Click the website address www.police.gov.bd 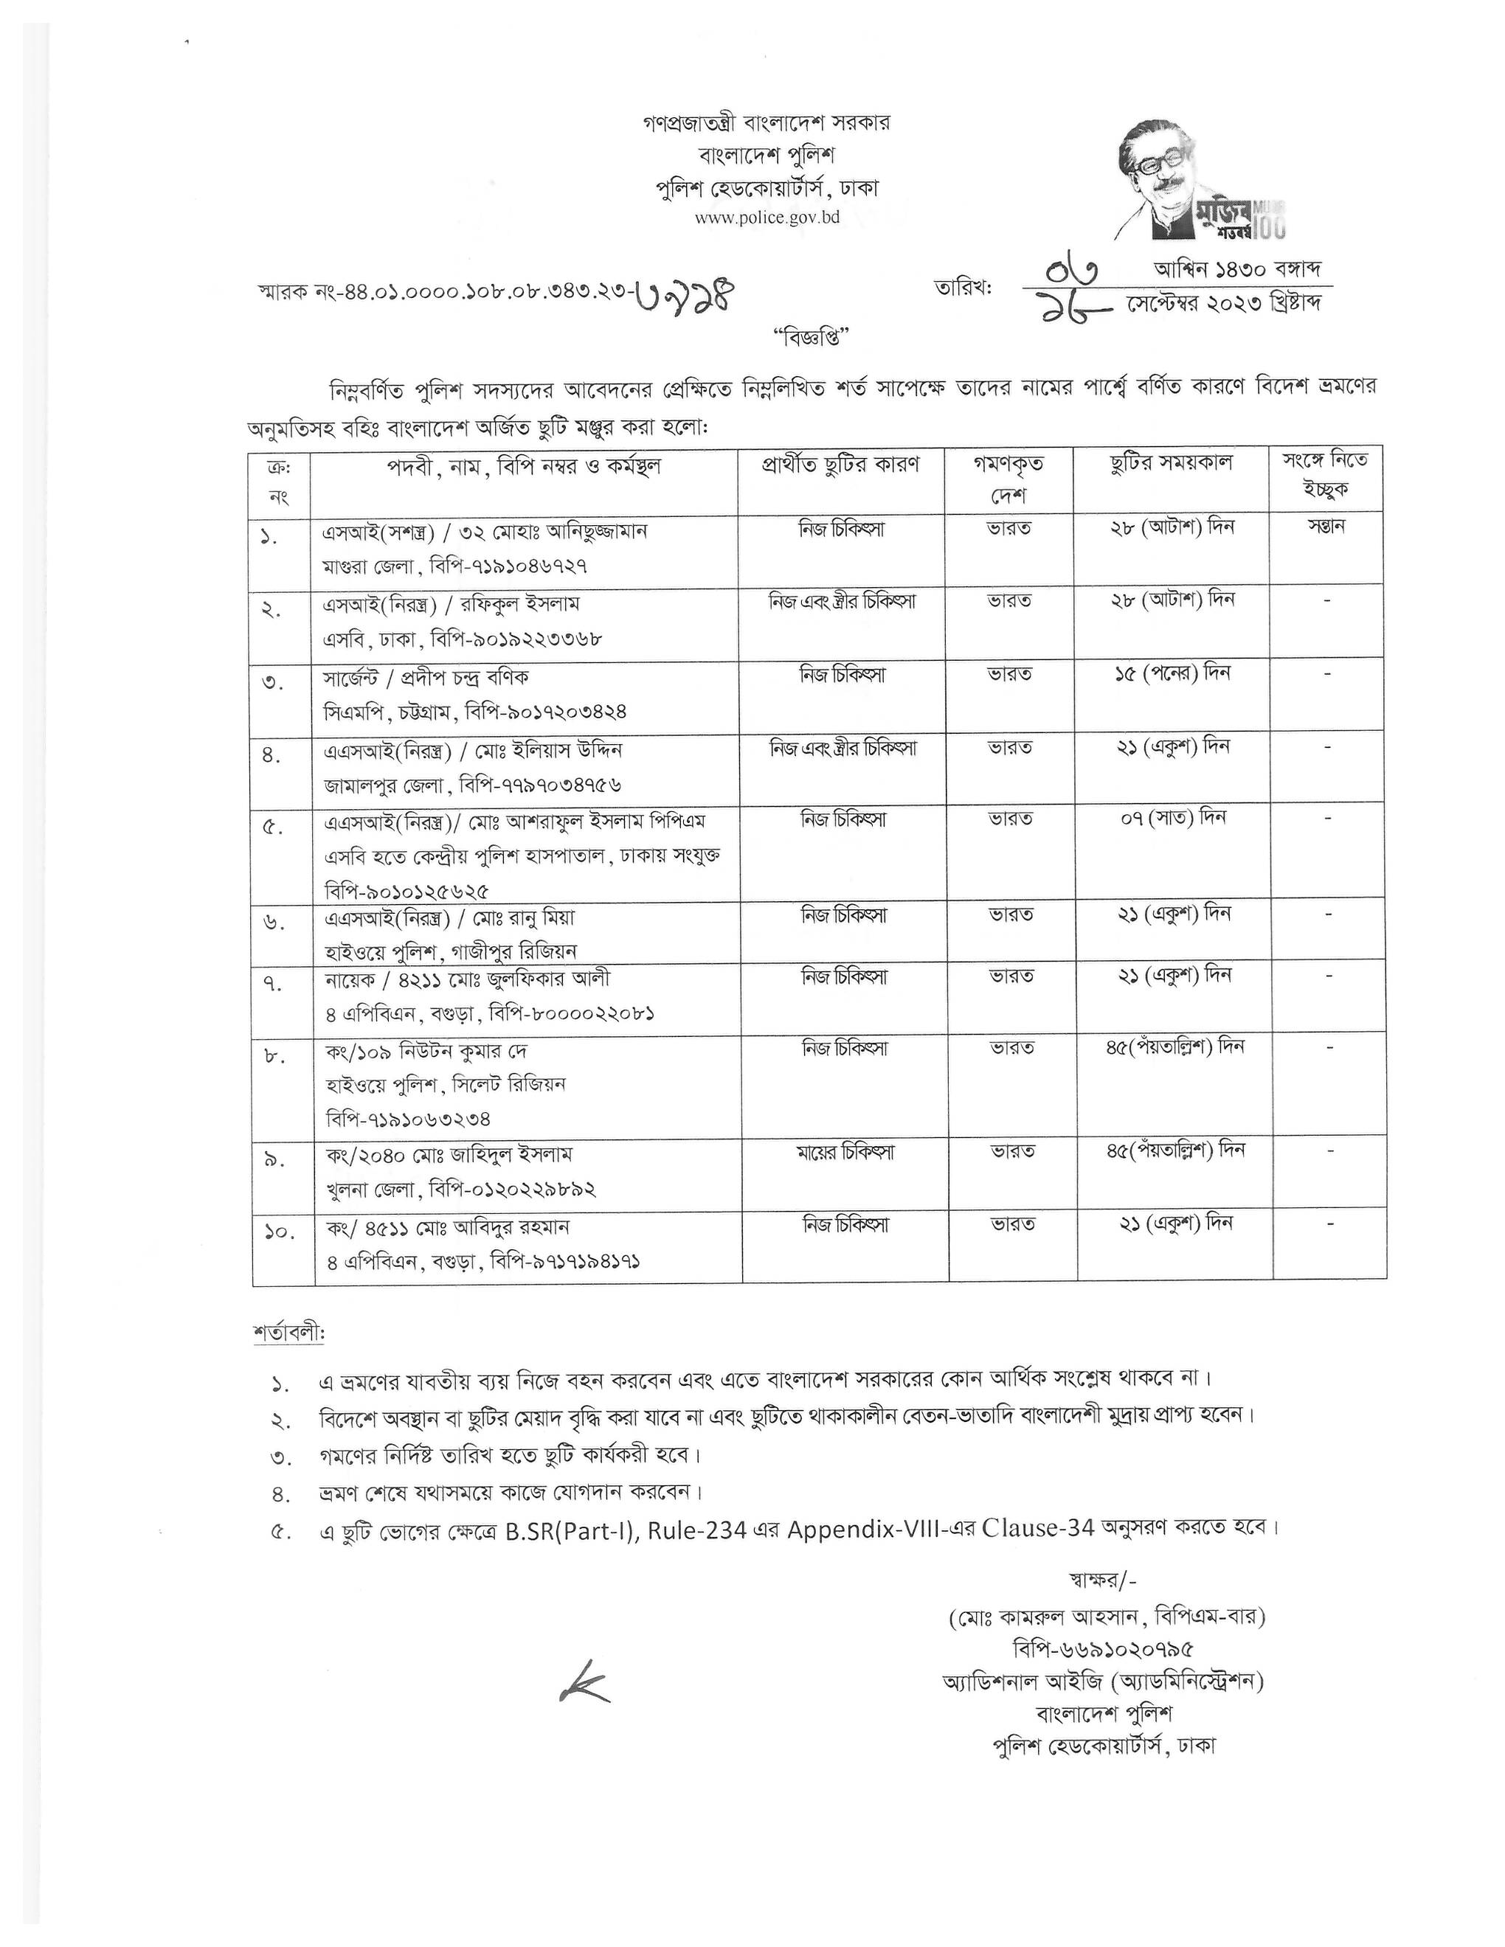(x=767, y=219)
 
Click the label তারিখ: (x=962, y=287)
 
